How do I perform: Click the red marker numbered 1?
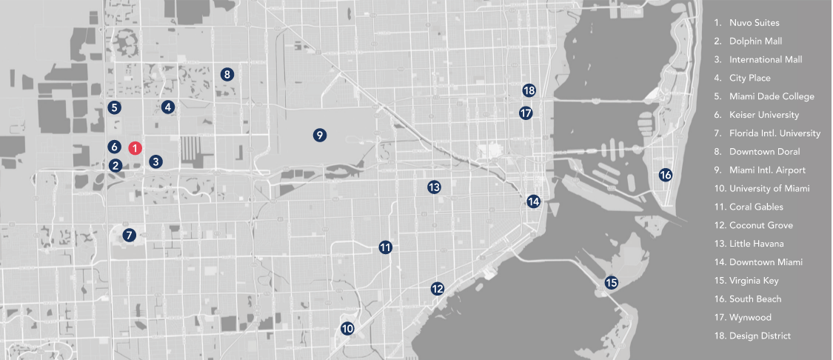(x=136, y=147)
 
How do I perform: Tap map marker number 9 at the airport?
(x=319, y=135)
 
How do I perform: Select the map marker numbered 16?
(x=665, y=176)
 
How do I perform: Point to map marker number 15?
(x=611, y=282)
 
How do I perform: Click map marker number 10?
(x=347, y=328)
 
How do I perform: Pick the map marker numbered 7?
(x=129, y=236)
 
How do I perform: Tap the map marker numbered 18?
(x=528, y=90)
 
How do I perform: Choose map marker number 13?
(x=434, y=187)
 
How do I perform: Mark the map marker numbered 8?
(x=227, y=74)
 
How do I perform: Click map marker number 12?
(x=438, y=288)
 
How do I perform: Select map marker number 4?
(x=168, y=107)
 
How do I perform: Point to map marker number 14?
(x=533, y=201)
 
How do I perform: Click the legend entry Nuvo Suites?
(x=754, y=23)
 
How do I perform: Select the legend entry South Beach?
(x=755, y=299)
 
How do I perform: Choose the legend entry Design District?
(x=759, y=336)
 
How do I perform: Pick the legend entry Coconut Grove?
(x=760, y=225)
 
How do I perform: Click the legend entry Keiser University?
(x=763, y=115)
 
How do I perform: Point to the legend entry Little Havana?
(x=756, y=244)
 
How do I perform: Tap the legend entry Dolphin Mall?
(x=755, y=41)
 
